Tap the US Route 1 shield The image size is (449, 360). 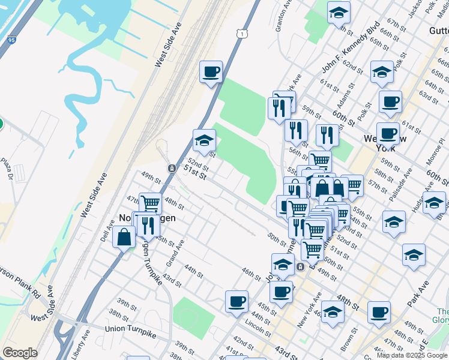(241, 34)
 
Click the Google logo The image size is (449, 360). (20, 353)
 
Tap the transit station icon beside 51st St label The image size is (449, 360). (172, 168)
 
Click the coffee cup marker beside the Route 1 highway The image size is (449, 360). (211, 73)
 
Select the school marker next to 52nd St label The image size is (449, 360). (204, 141)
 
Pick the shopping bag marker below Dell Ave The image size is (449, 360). (124, 237)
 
